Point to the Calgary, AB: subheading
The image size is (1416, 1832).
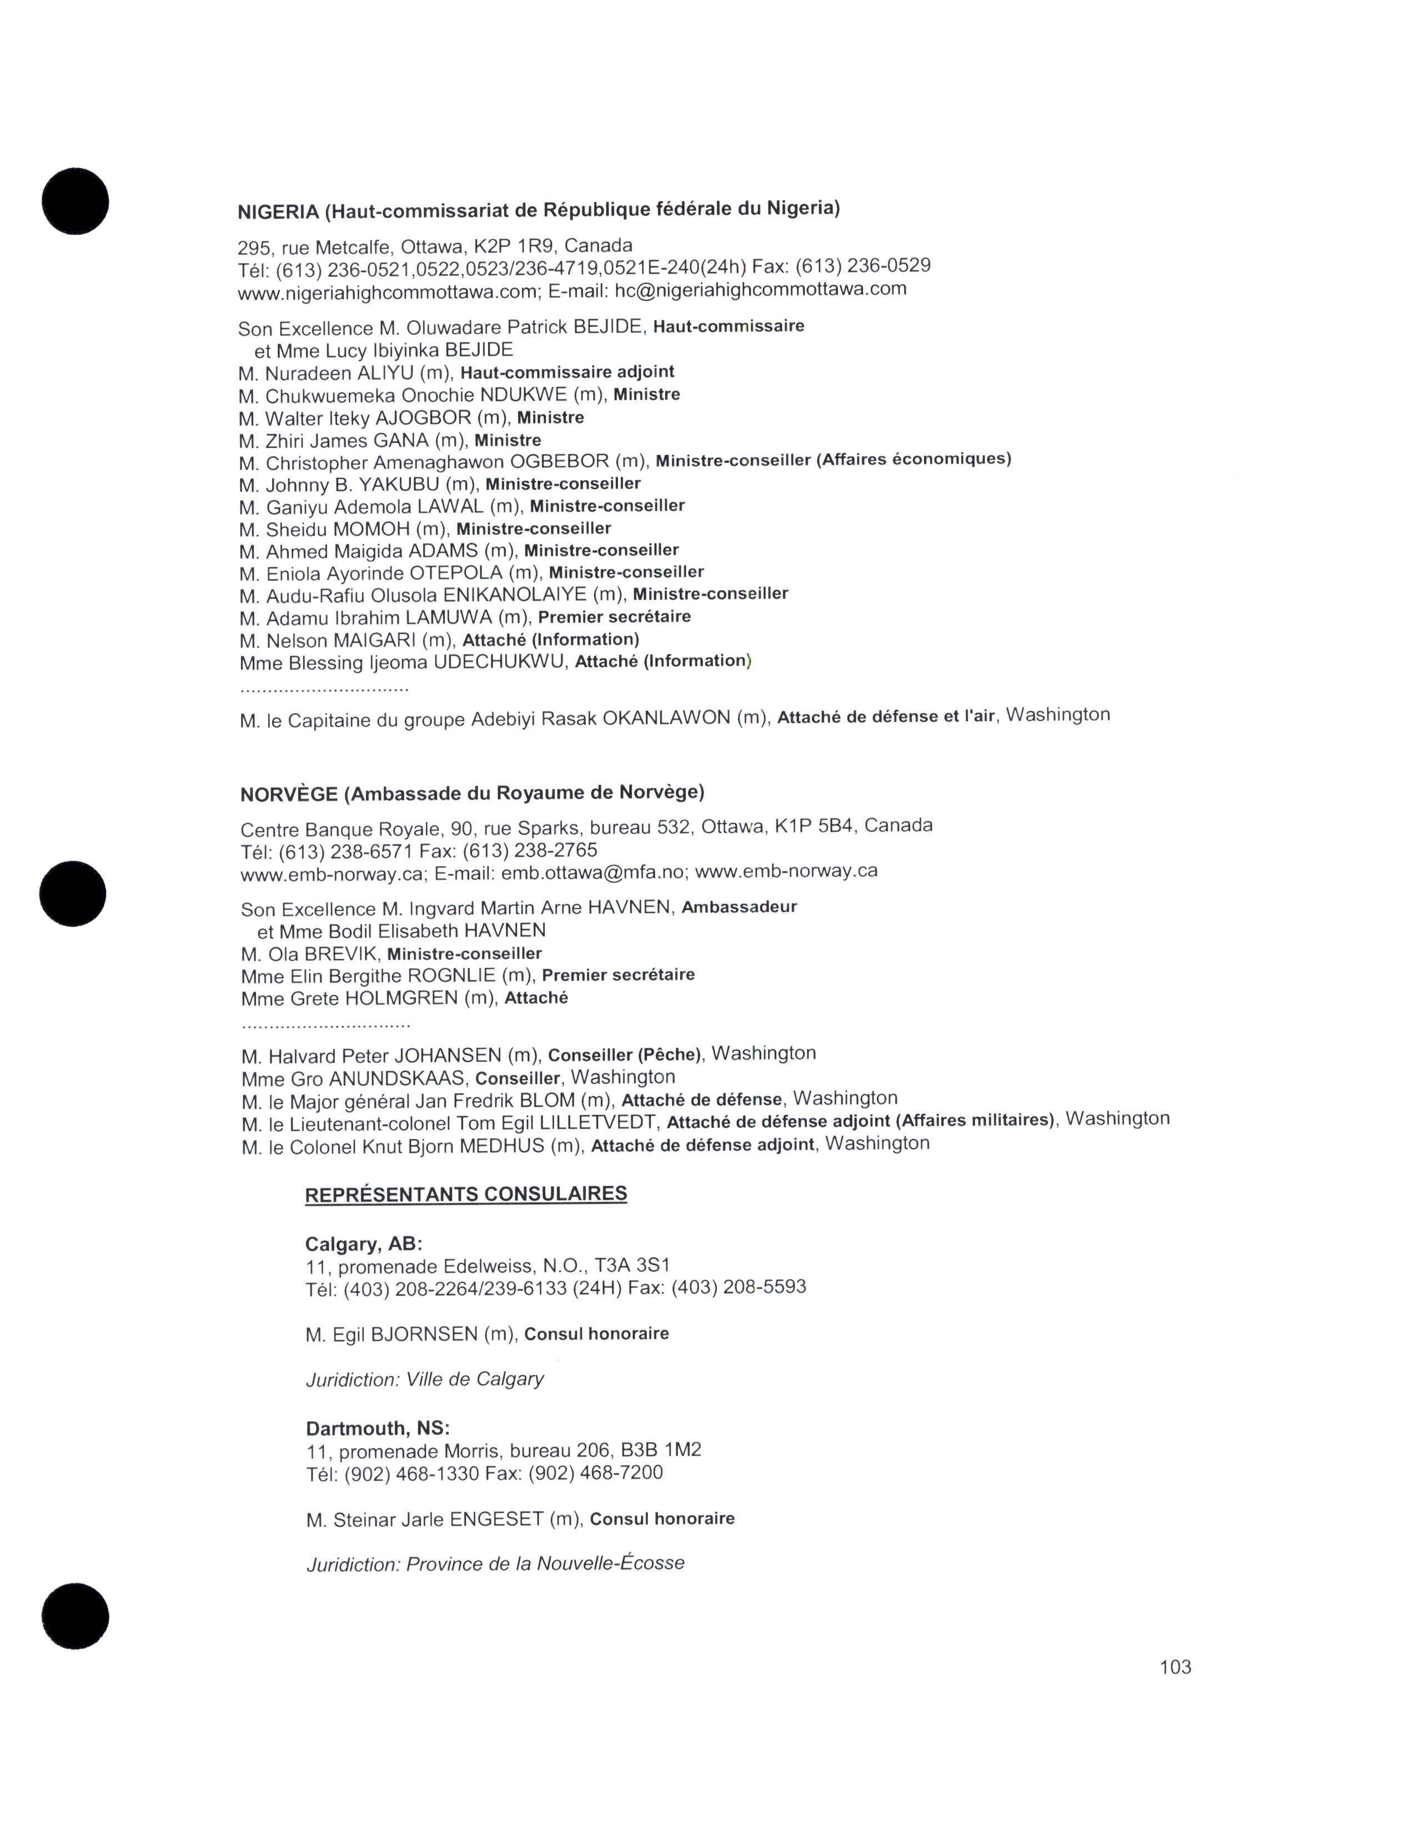[363, 1243]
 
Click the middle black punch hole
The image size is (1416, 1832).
[73, 894]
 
